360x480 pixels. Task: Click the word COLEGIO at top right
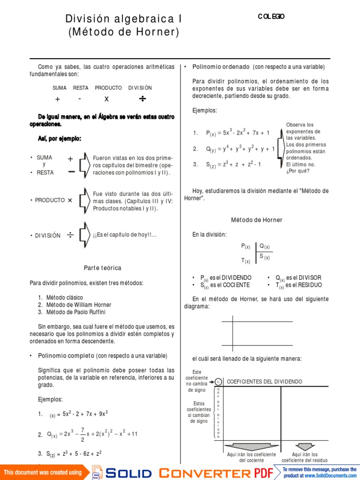(x=271, y=17)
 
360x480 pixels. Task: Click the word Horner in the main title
(x=158, y=32)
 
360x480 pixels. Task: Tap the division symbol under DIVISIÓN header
(x=142, y=99)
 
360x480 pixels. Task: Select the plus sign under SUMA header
(x=58, y=99)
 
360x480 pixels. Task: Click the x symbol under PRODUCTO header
(x=106, y=99)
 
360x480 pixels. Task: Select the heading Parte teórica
(x=103, y=268)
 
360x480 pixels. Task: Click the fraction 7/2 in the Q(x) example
(x=82, y=434)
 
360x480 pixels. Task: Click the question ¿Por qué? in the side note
(x=298, y=171)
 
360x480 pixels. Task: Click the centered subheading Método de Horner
(x=257, y=220)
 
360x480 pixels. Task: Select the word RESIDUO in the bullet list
(x=308, y=285)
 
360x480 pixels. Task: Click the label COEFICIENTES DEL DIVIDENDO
(x=264, y=382)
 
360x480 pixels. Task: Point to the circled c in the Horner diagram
(x=218, y=382)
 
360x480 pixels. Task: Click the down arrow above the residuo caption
(x=304, y=446)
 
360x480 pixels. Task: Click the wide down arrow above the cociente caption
(x=251, y=446)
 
